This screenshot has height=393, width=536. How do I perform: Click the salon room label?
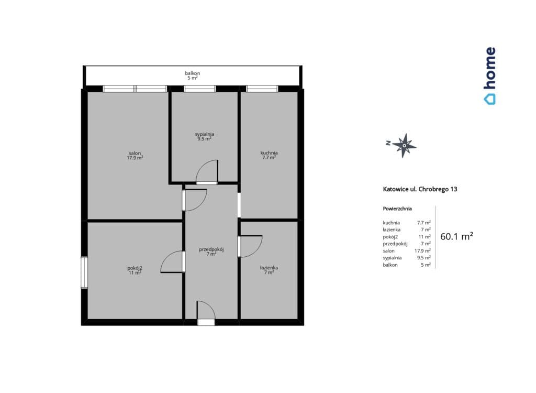135,154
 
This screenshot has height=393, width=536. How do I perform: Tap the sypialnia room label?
205,134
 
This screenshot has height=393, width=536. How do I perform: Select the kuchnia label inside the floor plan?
269,153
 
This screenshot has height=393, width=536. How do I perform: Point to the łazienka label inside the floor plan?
269,268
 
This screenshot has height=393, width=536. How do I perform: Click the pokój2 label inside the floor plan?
135,268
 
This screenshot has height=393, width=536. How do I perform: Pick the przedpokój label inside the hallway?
211,249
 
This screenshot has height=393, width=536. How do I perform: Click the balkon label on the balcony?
193,73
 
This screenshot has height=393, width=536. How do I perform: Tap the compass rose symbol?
404,146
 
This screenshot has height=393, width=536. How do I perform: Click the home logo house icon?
489,99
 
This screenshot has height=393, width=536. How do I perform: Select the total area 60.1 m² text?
456,236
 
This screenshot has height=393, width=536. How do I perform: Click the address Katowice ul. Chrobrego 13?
420,189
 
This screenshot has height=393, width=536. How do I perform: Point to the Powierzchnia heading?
397,209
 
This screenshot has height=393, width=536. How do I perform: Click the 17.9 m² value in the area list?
422,250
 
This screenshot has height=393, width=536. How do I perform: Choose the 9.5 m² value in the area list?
424,258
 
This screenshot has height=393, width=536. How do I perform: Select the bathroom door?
250,246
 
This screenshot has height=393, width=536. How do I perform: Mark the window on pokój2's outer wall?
84,273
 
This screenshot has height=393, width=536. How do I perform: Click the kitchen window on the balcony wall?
262,89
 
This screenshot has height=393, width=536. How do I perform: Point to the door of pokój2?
173,262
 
